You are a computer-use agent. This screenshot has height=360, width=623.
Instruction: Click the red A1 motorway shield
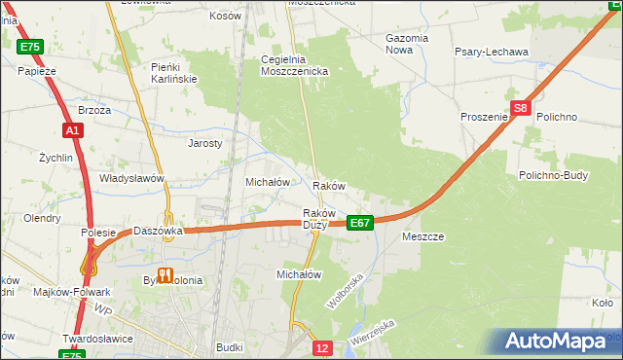72,129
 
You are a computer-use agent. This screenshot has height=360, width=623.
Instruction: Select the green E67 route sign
360,223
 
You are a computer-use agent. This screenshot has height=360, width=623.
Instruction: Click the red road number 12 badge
323,347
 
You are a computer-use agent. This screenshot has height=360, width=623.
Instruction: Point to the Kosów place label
226,17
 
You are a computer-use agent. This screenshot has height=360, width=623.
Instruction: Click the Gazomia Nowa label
407,44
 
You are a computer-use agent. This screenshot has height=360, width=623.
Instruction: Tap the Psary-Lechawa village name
492,52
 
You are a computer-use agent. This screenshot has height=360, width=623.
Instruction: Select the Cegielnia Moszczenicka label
295,65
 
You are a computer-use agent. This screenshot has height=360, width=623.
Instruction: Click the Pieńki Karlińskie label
174,72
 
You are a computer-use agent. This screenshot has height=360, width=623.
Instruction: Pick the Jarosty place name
205,142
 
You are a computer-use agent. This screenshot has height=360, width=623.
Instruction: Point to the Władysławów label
131,179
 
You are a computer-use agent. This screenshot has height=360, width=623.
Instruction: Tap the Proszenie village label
485,117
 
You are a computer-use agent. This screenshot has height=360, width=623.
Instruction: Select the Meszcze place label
422,236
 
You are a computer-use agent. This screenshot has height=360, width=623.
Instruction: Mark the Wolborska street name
345,291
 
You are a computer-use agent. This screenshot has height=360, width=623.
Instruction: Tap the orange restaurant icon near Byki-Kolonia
165,275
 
